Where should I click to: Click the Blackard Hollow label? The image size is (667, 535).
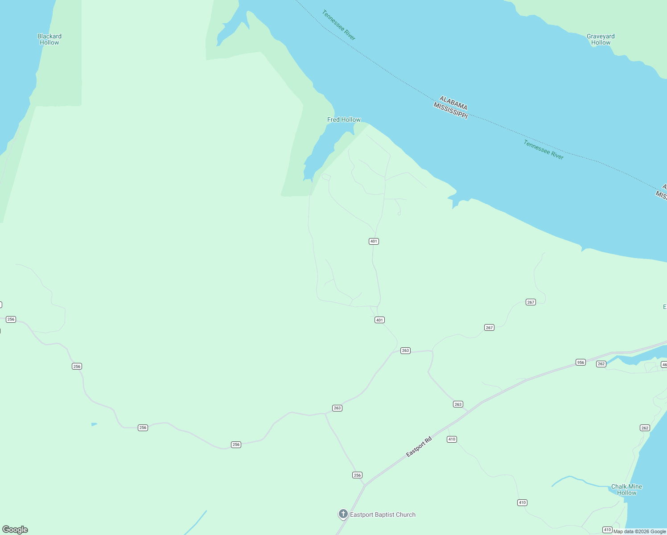pos(49,39)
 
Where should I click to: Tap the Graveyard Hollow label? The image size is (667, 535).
pos(601,39)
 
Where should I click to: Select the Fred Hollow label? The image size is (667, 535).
pos(344,119)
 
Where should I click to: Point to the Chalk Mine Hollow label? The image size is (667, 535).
pos(626,490)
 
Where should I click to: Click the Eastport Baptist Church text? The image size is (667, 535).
pos(383,514)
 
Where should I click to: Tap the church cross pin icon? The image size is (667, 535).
pos(343,514)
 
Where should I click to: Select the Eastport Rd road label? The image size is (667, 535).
pos(419,447)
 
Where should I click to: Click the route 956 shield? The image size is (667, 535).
pos(581,362)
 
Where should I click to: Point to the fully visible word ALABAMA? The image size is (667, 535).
pos(453,103)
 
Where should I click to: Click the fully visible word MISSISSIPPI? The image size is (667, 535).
pos(451,110)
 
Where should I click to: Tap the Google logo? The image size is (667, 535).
pos(15,530)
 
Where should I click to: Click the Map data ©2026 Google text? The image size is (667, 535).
pos(639,531)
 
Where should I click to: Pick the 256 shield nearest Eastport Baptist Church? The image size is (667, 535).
pos(357,475)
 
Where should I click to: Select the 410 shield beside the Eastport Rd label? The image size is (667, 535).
pos(452,439)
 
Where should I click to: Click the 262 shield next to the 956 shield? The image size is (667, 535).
pos(601,364)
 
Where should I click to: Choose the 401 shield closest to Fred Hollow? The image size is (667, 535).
pos(374,241)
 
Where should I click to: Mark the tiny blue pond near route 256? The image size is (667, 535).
pos(94,424)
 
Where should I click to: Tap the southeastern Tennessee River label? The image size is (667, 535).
pos(543,150)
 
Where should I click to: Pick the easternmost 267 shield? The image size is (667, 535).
pos(531,302)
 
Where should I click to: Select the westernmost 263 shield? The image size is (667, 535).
pos(337,408)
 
